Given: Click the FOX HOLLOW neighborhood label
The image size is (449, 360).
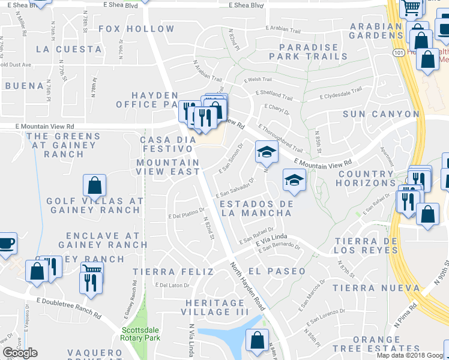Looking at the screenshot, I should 136,29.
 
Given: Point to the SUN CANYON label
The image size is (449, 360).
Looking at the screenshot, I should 381,113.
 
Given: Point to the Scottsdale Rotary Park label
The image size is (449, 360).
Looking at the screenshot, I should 142,334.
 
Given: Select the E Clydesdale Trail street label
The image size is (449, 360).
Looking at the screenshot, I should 340,93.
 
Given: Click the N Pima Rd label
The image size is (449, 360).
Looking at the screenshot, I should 406,314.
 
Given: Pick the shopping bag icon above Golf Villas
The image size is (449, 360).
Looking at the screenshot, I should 94,185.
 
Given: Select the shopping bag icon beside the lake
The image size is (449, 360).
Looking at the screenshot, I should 257,340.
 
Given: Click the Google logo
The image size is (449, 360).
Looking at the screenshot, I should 20,353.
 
